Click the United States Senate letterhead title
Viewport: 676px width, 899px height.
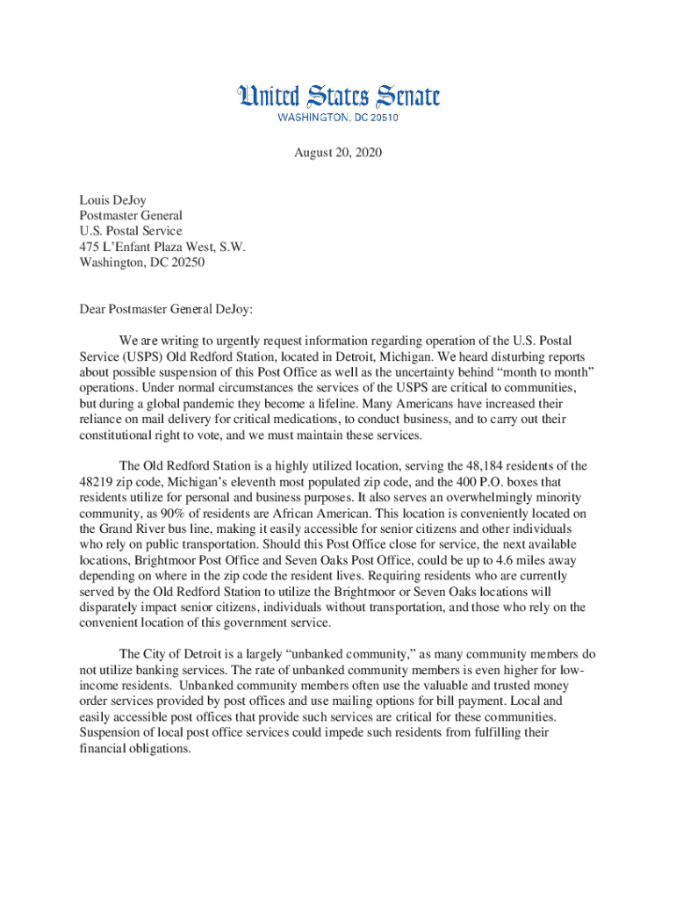pyautogui.click(x=338, y=97)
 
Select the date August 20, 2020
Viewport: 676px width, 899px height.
pyautogui.click(x=338, y=153)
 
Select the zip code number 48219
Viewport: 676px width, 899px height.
pyautogui.click(x=96, y=482)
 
